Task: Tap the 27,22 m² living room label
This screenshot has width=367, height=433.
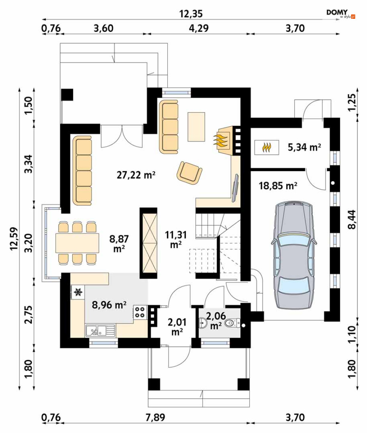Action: coord(136,175)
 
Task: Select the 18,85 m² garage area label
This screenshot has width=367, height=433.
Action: coord(278,186)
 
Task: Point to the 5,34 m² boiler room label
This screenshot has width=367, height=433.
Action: coord(304,147)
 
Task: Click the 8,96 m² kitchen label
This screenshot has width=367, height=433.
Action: coord(109,305)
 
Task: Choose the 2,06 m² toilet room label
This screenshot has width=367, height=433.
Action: coord(216,320)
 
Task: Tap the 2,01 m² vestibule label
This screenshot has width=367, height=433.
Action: coord(177,327)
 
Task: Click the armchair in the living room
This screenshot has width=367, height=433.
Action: coord(190,172)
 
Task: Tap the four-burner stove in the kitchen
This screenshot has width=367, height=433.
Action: coord(140,312)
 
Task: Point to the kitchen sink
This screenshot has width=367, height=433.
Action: coord(100,331)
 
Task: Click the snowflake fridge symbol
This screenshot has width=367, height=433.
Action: coord(78,292)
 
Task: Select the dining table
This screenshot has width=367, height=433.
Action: coord(77,243)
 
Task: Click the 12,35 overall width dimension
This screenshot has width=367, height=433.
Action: coord(191,14)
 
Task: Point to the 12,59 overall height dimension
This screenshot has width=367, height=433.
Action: coord(14,238)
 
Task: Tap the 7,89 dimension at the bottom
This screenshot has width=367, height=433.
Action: coord(156,417)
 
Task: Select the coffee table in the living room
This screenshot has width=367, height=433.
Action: coord(196,127)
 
